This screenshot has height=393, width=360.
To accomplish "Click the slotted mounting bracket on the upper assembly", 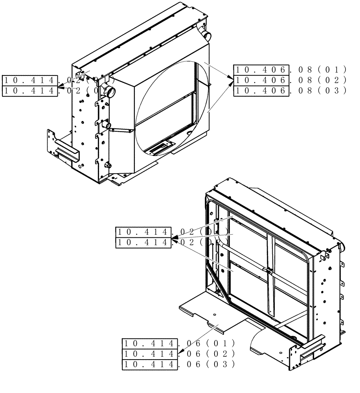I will point(67,151).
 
